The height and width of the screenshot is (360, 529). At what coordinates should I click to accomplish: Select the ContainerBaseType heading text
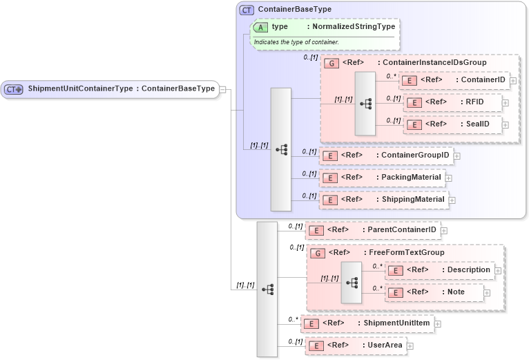pos(294,10)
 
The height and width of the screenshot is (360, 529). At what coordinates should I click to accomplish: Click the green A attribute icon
pos(261,27)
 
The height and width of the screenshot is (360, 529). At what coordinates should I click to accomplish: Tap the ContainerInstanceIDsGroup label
pos(434,63)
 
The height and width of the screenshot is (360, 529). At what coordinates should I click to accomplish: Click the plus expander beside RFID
pos(506,102)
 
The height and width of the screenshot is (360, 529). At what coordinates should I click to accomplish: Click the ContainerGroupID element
pos(386,155)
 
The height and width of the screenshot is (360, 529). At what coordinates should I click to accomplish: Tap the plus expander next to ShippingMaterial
pos(452,200)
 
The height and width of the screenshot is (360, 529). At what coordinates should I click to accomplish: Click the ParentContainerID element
pos(373,230)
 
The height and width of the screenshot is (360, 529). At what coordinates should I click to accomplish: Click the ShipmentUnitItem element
pos(369,323)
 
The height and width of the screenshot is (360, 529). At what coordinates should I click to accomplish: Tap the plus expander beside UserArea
pos(410,345)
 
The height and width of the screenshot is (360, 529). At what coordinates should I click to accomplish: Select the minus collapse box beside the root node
pos(223,88)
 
